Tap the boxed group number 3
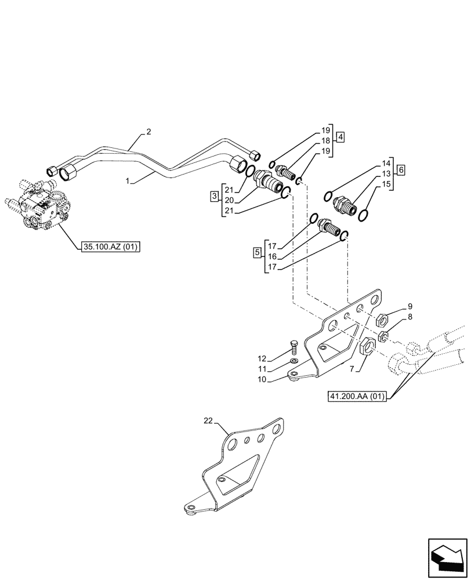214,197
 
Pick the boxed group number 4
340,137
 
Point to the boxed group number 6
401,171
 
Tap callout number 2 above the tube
148,132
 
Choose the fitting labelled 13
343,204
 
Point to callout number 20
229,201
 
